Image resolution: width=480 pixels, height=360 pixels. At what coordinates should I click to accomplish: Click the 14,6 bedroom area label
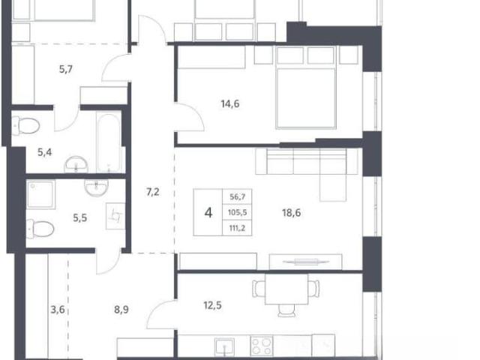[x=230, y=104]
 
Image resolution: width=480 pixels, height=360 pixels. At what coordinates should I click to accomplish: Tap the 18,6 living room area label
[x=292, y=212]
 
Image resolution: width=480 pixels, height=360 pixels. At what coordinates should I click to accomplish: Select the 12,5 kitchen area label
[x=212, y=305]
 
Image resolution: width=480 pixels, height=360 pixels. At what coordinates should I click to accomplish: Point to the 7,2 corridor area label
[x=153, y=192]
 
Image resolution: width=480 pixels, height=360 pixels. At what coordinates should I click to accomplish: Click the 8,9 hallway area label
[x=121, y=310]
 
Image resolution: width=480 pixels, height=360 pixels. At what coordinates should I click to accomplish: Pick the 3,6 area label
[x=58, y=310]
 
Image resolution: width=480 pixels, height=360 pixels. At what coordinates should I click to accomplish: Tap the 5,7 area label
[x=66, y=69]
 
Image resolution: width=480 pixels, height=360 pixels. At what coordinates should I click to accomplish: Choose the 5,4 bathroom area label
[x=45, y=152]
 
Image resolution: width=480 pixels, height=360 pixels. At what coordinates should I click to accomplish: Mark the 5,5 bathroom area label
[x=80, y=218]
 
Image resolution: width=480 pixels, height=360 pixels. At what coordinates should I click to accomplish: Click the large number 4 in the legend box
[x=208, y=212]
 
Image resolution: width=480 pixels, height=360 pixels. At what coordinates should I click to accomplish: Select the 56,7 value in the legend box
[x=238, y=196]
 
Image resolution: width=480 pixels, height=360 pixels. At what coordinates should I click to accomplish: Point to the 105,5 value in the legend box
[x=238, y=212]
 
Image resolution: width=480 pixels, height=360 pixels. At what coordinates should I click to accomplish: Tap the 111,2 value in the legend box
[x=237, y=228]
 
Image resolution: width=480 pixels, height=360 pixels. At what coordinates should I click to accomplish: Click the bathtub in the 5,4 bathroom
[x=109, y=143]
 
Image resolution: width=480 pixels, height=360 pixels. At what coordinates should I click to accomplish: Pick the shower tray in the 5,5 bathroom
[x=40, y=195]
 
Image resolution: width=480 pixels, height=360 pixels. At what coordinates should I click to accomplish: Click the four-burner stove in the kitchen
[x=262, y=346]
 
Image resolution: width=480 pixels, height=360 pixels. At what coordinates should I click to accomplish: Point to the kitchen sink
[x=225, y=346]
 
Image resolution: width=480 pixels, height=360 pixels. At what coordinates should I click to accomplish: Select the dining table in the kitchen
[x=286, y=289]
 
